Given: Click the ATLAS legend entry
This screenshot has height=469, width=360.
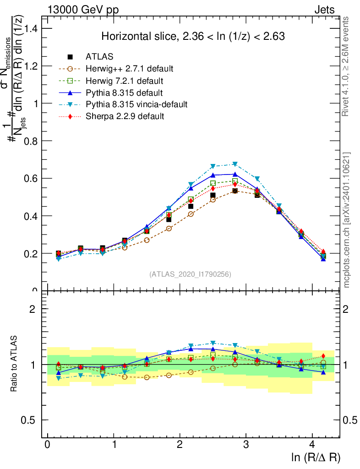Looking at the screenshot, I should (99, 57).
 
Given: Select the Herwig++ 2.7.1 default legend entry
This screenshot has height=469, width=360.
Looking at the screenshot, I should (129, 69).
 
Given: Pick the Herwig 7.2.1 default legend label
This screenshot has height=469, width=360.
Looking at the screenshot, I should (125, 81).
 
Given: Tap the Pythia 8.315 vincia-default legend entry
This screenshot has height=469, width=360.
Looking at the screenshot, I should (136, 105).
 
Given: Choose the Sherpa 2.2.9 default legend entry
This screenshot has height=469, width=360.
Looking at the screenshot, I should (125, 116).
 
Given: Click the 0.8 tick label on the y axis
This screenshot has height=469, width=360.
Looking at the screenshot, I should (32, 141).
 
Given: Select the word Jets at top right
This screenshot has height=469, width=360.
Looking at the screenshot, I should (324, 10).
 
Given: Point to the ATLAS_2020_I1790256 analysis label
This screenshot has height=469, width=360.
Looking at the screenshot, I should (190, 274).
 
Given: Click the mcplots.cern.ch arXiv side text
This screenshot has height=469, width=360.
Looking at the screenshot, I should (347, 220).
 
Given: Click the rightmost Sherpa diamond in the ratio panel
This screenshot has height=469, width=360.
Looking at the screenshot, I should (323, 356).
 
